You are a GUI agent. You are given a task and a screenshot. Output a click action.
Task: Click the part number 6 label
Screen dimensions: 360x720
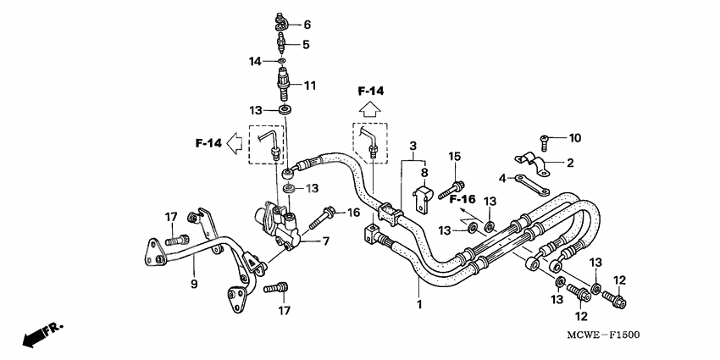tap(307, 25)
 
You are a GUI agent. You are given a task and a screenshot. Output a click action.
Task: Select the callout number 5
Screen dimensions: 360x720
tap(307, 44)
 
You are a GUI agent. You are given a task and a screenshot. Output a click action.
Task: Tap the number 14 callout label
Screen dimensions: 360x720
tap(255, 61)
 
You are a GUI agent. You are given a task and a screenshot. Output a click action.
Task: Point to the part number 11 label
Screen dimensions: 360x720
tap(310, 85)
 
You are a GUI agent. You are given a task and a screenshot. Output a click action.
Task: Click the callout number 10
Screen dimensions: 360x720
tap(574, 137)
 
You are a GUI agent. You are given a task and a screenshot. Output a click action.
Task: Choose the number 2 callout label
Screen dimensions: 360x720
tap(569, 162)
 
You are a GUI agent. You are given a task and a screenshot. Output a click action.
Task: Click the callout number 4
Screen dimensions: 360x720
tap(501, 178)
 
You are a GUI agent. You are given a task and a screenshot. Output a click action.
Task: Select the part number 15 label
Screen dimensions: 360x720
tap(454, 156)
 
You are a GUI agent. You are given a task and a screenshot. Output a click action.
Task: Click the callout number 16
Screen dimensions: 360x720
tap(354, 211)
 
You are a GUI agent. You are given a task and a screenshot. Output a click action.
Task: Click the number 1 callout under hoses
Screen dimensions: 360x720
tap(418, 302)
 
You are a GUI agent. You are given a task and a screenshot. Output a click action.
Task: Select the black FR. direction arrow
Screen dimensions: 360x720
tap(38, 335)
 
